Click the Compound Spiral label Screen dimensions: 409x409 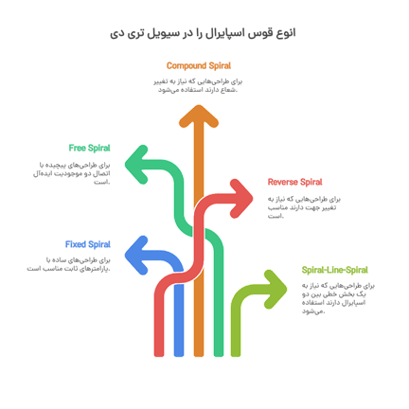point(199,65)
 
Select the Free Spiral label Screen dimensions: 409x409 point(89,148)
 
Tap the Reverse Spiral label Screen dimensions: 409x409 point(294,181)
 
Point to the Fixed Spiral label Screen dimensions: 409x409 point(88,244)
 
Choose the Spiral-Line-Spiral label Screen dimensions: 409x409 point(334,270)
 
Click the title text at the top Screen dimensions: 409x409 point(204,34)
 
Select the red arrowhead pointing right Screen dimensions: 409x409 point(245,195)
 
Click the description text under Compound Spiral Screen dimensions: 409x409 point(199,85)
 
